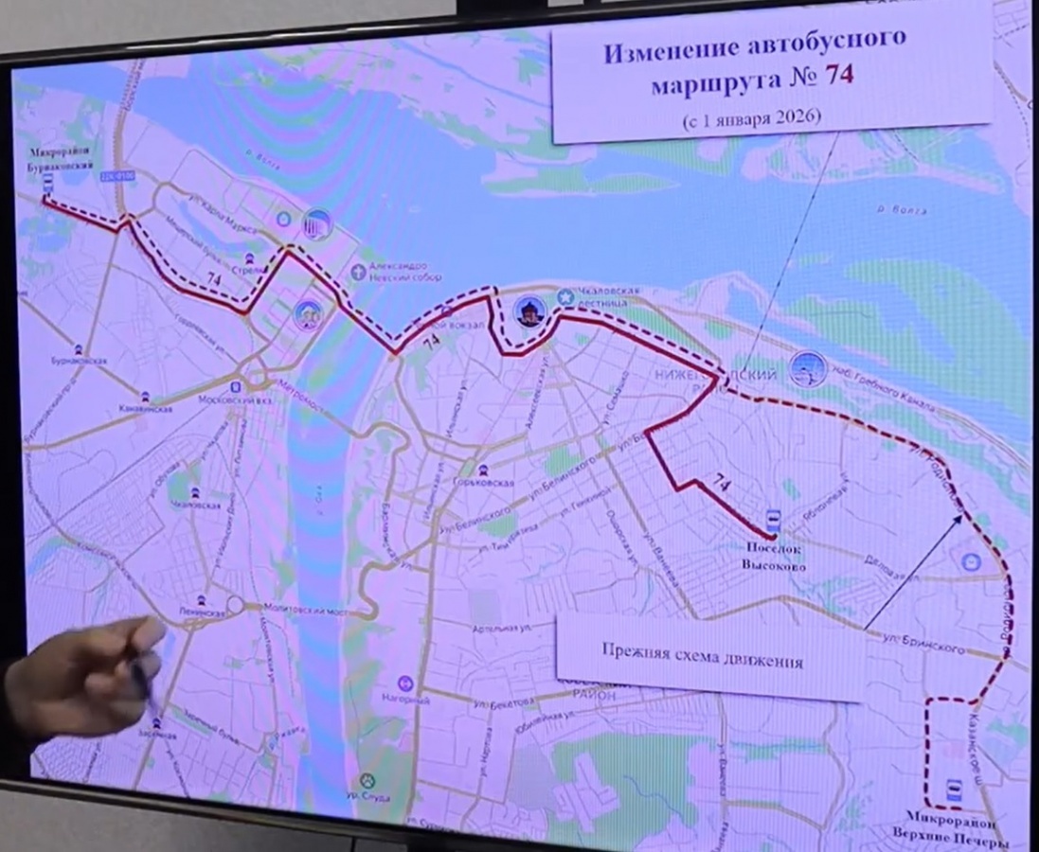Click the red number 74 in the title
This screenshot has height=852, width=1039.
pyautogui.click(x=839, y=76)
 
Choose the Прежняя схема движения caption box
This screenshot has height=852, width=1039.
pyautogui.click(x=702, y=661)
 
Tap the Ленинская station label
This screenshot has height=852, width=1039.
pyautogui.click(x=201, y=612)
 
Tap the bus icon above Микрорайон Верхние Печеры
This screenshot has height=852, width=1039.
pyautogui.click(x=951, y=790)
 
